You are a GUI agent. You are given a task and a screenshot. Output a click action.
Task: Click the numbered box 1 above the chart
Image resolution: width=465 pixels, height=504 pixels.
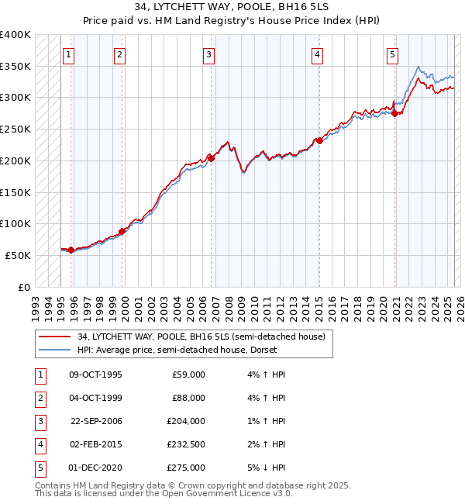point(70,54)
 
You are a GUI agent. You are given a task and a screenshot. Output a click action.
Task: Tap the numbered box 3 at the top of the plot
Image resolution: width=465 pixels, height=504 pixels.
point(209,54)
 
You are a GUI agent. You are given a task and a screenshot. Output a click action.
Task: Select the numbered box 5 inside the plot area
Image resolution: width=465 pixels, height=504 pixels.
point(393,54)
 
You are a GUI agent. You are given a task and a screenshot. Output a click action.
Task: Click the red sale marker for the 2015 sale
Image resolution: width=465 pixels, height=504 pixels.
point(319,141)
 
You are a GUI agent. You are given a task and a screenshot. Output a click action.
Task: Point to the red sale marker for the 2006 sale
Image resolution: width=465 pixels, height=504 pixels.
point(211,157)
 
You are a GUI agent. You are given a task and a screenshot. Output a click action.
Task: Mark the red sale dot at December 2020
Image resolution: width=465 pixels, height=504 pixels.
point(394,114)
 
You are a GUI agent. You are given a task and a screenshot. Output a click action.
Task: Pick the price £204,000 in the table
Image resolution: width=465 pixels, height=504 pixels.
point(187,421)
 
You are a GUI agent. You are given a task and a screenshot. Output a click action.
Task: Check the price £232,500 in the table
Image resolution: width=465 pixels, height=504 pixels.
point(186,444)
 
